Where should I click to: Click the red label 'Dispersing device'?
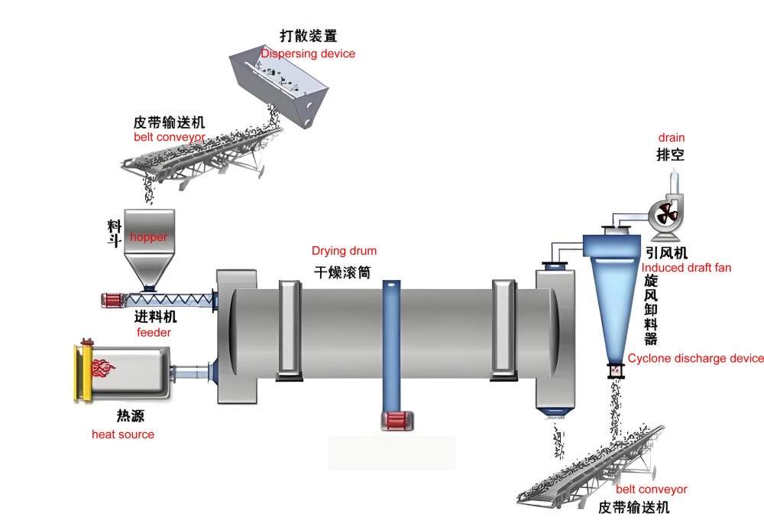click(x=308, y=54)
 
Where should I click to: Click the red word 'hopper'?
click(x=148, y=237)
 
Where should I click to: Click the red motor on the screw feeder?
click(x=114, y=301)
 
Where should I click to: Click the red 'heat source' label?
click(x=123, y=434)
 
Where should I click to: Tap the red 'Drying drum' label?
click(x=344, y=251)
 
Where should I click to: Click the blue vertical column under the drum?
click(x=390, y=344)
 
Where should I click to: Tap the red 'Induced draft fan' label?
click(x=686, y=268)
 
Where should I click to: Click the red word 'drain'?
click(x=672, y=138)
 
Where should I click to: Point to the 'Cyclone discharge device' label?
click(x=695, y=358)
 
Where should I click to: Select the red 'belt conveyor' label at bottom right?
click(x=652, y=490)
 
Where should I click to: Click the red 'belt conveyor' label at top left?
click(x=169, y=137)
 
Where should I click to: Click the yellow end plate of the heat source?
click(x=77, y=373)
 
